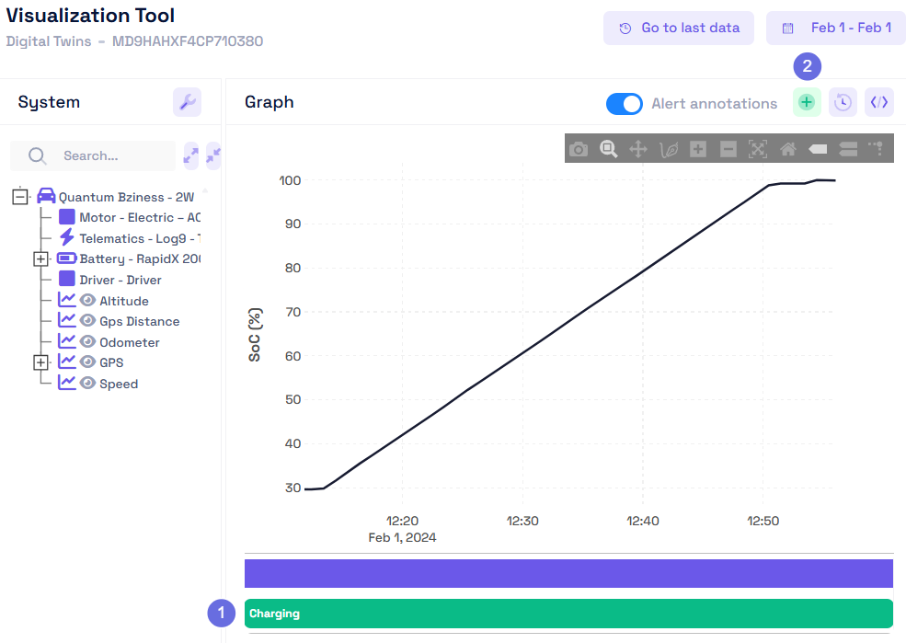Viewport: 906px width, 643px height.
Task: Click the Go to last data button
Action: [x=679, y=28]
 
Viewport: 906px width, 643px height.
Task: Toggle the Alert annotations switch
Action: [x=625, y=104]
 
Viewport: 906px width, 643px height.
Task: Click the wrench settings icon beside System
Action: [x=187, y=102]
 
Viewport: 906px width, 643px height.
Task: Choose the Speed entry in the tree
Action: [x=119, y=384]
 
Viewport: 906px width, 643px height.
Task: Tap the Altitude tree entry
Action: [x=123, y=301]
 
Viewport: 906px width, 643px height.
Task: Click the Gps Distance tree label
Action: [x=139, y=321]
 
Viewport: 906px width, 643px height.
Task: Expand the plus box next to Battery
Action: [x=40, y=259]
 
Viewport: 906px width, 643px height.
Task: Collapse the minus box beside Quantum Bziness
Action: [x=20, y=197]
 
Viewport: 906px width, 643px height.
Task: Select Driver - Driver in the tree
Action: [x=120, y=280]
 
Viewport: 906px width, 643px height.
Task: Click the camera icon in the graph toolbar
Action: [x=578, y=149]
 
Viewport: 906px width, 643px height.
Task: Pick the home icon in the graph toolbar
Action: [x=787, y=149]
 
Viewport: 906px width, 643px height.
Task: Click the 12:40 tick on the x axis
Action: [x=642, y=521]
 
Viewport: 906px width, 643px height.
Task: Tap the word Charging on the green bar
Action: [x=274, y=614]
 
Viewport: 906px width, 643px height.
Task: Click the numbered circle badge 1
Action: [x=222, y=613]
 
